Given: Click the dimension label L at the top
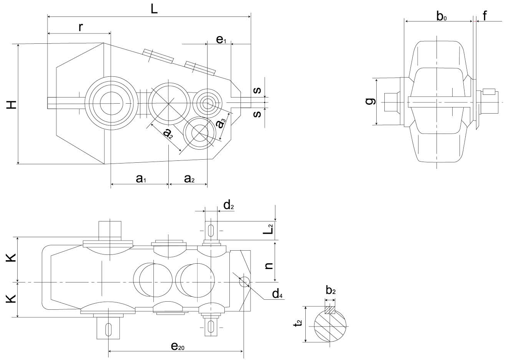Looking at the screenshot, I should coord(153,9).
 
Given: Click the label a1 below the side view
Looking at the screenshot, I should coord(141,178).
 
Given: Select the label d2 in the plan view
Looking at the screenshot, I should coord(229,206).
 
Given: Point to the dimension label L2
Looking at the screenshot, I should coord(270,229).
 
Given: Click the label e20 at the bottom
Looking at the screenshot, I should coord(177,346).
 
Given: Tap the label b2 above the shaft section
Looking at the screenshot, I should coord(331,291).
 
